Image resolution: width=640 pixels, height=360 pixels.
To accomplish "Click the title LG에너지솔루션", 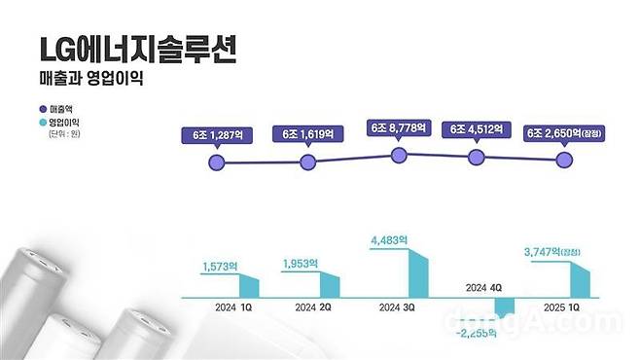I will tap(136, 49).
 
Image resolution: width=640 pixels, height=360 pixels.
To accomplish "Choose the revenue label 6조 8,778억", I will tap(395, 126).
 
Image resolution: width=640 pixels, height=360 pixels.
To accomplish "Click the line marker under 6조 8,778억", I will tap(396, 155).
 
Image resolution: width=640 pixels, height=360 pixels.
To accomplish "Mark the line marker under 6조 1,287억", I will tap(218, 162).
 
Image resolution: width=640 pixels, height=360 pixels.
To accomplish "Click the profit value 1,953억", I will tap(302, 263).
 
